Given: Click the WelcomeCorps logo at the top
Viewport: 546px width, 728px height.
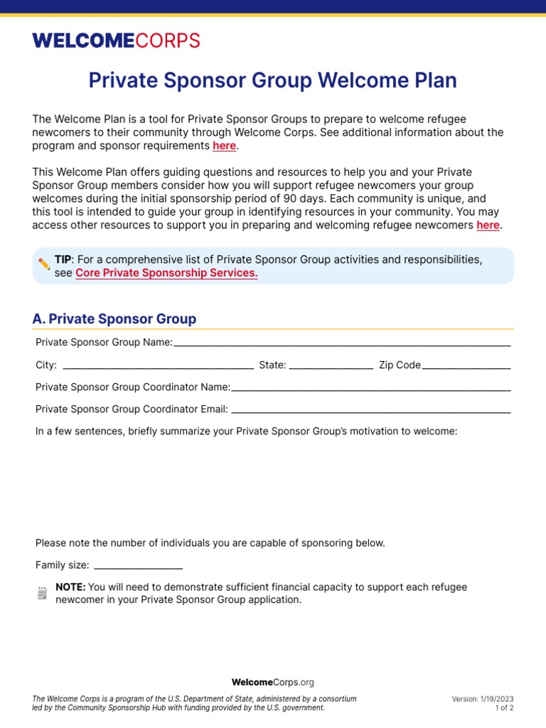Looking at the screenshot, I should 116,41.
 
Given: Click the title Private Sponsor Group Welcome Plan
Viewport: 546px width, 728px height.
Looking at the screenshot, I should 272,80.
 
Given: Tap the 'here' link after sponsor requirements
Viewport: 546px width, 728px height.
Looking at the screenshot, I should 224,146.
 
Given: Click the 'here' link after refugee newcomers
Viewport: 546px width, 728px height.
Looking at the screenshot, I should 488,225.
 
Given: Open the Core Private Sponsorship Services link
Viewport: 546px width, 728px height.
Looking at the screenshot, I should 166,273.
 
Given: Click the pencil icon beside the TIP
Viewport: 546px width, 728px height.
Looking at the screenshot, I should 44,264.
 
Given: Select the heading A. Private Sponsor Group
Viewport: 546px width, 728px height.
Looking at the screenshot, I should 114,318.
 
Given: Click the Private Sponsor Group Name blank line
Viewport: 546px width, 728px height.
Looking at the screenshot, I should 341,343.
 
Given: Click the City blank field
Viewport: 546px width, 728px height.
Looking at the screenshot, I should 158,365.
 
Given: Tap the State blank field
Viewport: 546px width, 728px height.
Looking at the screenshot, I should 331,365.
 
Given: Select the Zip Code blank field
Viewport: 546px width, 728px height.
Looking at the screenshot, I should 466,365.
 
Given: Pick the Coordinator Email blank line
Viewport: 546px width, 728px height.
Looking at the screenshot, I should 370,409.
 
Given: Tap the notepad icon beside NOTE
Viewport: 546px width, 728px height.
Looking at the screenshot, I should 43,593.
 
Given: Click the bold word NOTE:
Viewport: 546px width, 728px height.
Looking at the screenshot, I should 70,587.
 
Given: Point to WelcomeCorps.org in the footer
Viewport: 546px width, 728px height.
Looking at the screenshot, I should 272,682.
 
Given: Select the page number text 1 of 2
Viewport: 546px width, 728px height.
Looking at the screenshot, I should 504,708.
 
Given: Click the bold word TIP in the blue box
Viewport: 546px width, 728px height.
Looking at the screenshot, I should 63,259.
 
